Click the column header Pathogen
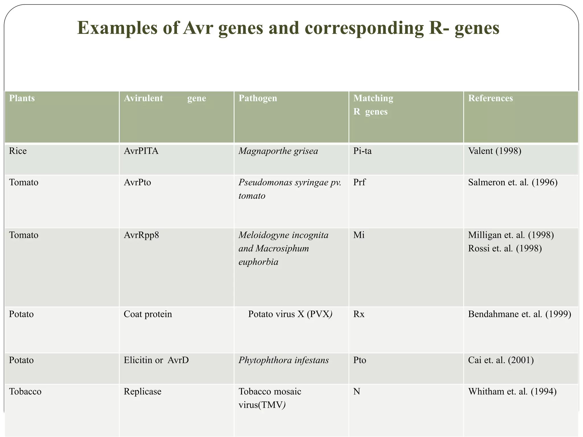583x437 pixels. pos(258,98)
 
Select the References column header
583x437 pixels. pos(490,98)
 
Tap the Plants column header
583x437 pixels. pos(22,98)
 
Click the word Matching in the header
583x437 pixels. pos(373,98)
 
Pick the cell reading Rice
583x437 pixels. pos(18,151)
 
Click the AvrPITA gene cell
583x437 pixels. pos(141,151)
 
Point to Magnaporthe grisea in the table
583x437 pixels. pos(278,151)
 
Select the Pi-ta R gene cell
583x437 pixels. pos(362,151)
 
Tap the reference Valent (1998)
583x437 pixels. pos(494,151)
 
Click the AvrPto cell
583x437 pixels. pos(137,182)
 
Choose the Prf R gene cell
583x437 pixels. pos(359,182)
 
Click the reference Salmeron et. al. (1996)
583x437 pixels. pos(513,182)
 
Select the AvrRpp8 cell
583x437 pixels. pos(141,235)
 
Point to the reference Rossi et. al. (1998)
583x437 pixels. pos(505,249)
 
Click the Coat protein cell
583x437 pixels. pos(148,314)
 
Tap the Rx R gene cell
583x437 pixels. pos(359,314)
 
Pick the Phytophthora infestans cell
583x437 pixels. pos(284,360)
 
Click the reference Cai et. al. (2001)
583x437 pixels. pos(501,360)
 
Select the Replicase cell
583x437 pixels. pos(142,392)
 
